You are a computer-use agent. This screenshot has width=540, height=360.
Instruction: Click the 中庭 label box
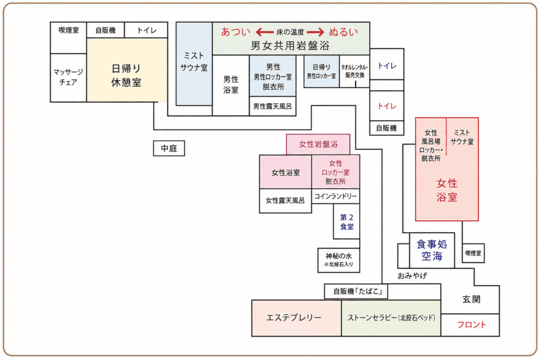[169, 148]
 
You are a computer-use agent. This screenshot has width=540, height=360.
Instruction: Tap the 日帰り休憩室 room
[127, 70]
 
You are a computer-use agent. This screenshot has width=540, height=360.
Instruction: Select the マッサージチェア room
[68, 77]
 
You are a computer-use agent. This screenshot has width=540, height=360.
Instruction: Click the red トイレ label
[387, 106]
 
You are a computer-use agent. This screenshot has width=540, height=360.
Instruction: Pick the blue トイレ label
[387, 66]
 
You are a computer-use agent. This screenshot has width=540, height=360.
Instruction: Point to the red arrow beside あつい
[265, 32]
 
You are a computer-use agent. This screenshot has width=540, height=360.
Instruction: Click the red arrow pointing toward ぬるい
[315, 32]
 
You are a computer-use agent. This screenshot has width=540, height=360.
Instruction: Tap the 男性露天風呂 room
[273, 106]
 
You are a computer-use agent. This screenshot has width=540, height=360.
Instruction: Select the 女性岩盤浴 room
[318, 144]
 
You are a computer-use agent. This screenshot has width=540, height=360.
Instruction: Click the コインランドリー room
[335, 196]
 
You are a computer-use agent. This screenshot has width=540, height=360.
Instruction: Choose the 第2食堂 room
[346, 221]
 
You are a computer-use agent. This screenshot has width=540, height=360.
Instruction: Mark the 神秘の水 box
[339, 260]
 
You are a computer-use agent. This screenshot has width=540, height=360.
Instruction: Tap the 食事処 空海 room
[432, 250]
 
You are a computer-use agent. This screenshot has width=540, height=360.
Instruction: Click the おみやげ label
[412, 276]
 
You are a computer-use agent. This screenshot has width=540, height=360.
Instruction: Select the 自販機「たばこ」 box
[356, 291]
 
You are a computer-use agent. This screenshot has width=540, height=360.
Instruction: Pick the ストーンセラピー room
[391, 318]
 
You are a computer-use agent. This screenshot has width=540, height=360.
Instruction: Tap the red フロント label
[471, 325]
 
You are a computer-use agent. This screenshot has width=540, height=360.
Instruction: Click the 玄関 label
[471, 299]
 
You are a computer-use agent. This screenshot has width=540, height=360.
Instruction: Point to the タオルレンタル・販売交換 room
[354, 71]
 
